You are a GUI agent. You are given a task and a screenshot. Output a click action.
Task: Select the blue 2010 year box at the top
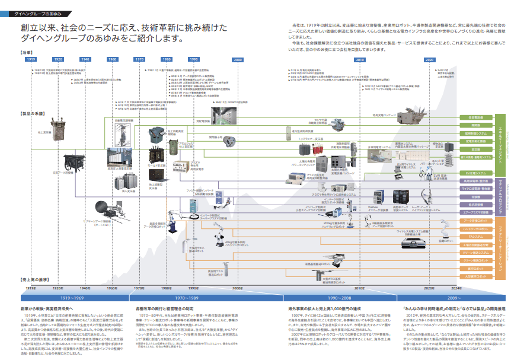(360, 60)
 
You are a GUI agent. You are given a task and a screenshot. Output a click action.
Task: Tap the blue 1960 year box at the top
(112, 60)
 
